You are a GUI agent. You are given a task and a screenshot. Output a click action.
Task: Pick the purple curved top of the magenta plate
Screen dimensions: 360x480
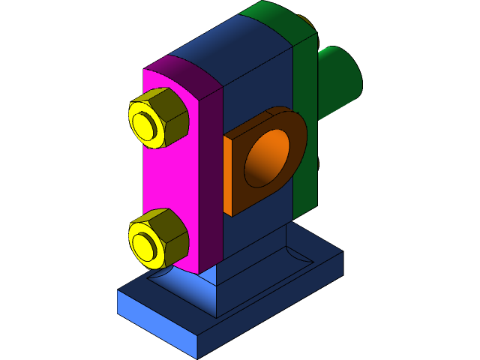click(x=187, y=75)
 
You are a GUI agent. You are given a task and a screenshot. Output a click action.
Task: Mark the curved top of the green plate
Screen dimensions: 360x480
click(x=277, y=19)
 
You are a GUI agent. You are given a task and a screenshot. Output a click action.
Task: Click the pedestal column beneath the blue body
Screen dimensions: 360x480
click(x=247, y=270)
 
